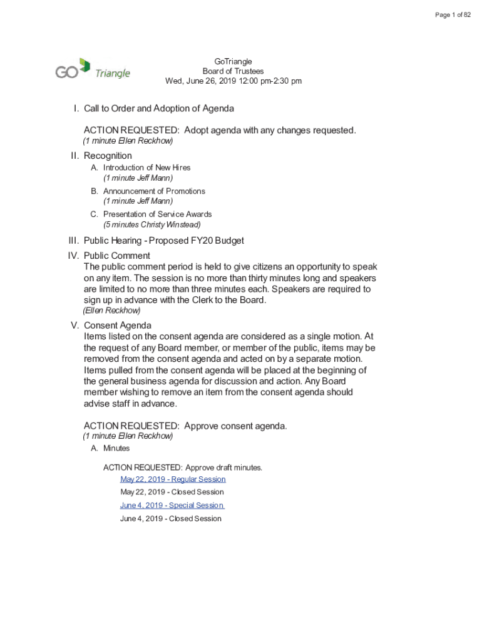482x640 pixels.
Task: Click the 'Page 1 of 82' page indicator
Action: click(453, 15)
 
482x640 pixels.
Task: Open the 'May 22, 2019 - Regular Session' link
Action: click(173, 479)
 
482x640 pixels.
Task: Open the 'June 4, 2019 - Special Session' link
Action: click(172, 505)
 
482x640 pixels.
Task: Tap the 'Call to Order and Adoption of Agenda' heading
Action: click(159, 109)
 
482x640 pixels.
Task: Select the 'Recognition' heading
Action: click(108, 156)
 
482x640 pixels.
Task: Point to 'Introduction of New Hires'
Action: click(146, 167)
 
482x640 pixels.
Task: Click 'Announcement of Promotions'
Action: click(154, 191)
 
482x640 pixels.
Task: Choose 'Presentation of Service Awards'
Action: click(157, 214)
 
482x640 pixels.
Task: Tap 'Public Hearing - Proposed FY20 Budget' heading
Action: click(163, 241)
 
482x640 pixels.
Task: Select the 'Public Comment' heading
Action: click(117, 256)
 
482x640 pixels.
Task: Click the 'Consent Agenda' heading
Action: click(118, 326)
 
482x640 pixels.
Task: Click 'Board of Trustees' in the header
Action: click(233, 71)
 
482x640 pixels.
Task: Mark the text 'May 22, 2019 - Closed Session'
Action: click(172, 492)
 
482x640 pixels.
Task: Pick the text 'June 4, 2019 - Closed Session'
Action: click(170, 519)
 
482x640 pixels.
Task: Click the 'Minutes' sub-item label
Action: click(116, 448)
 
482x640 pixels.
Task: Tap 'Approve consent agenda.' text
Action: click(236, 426)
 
